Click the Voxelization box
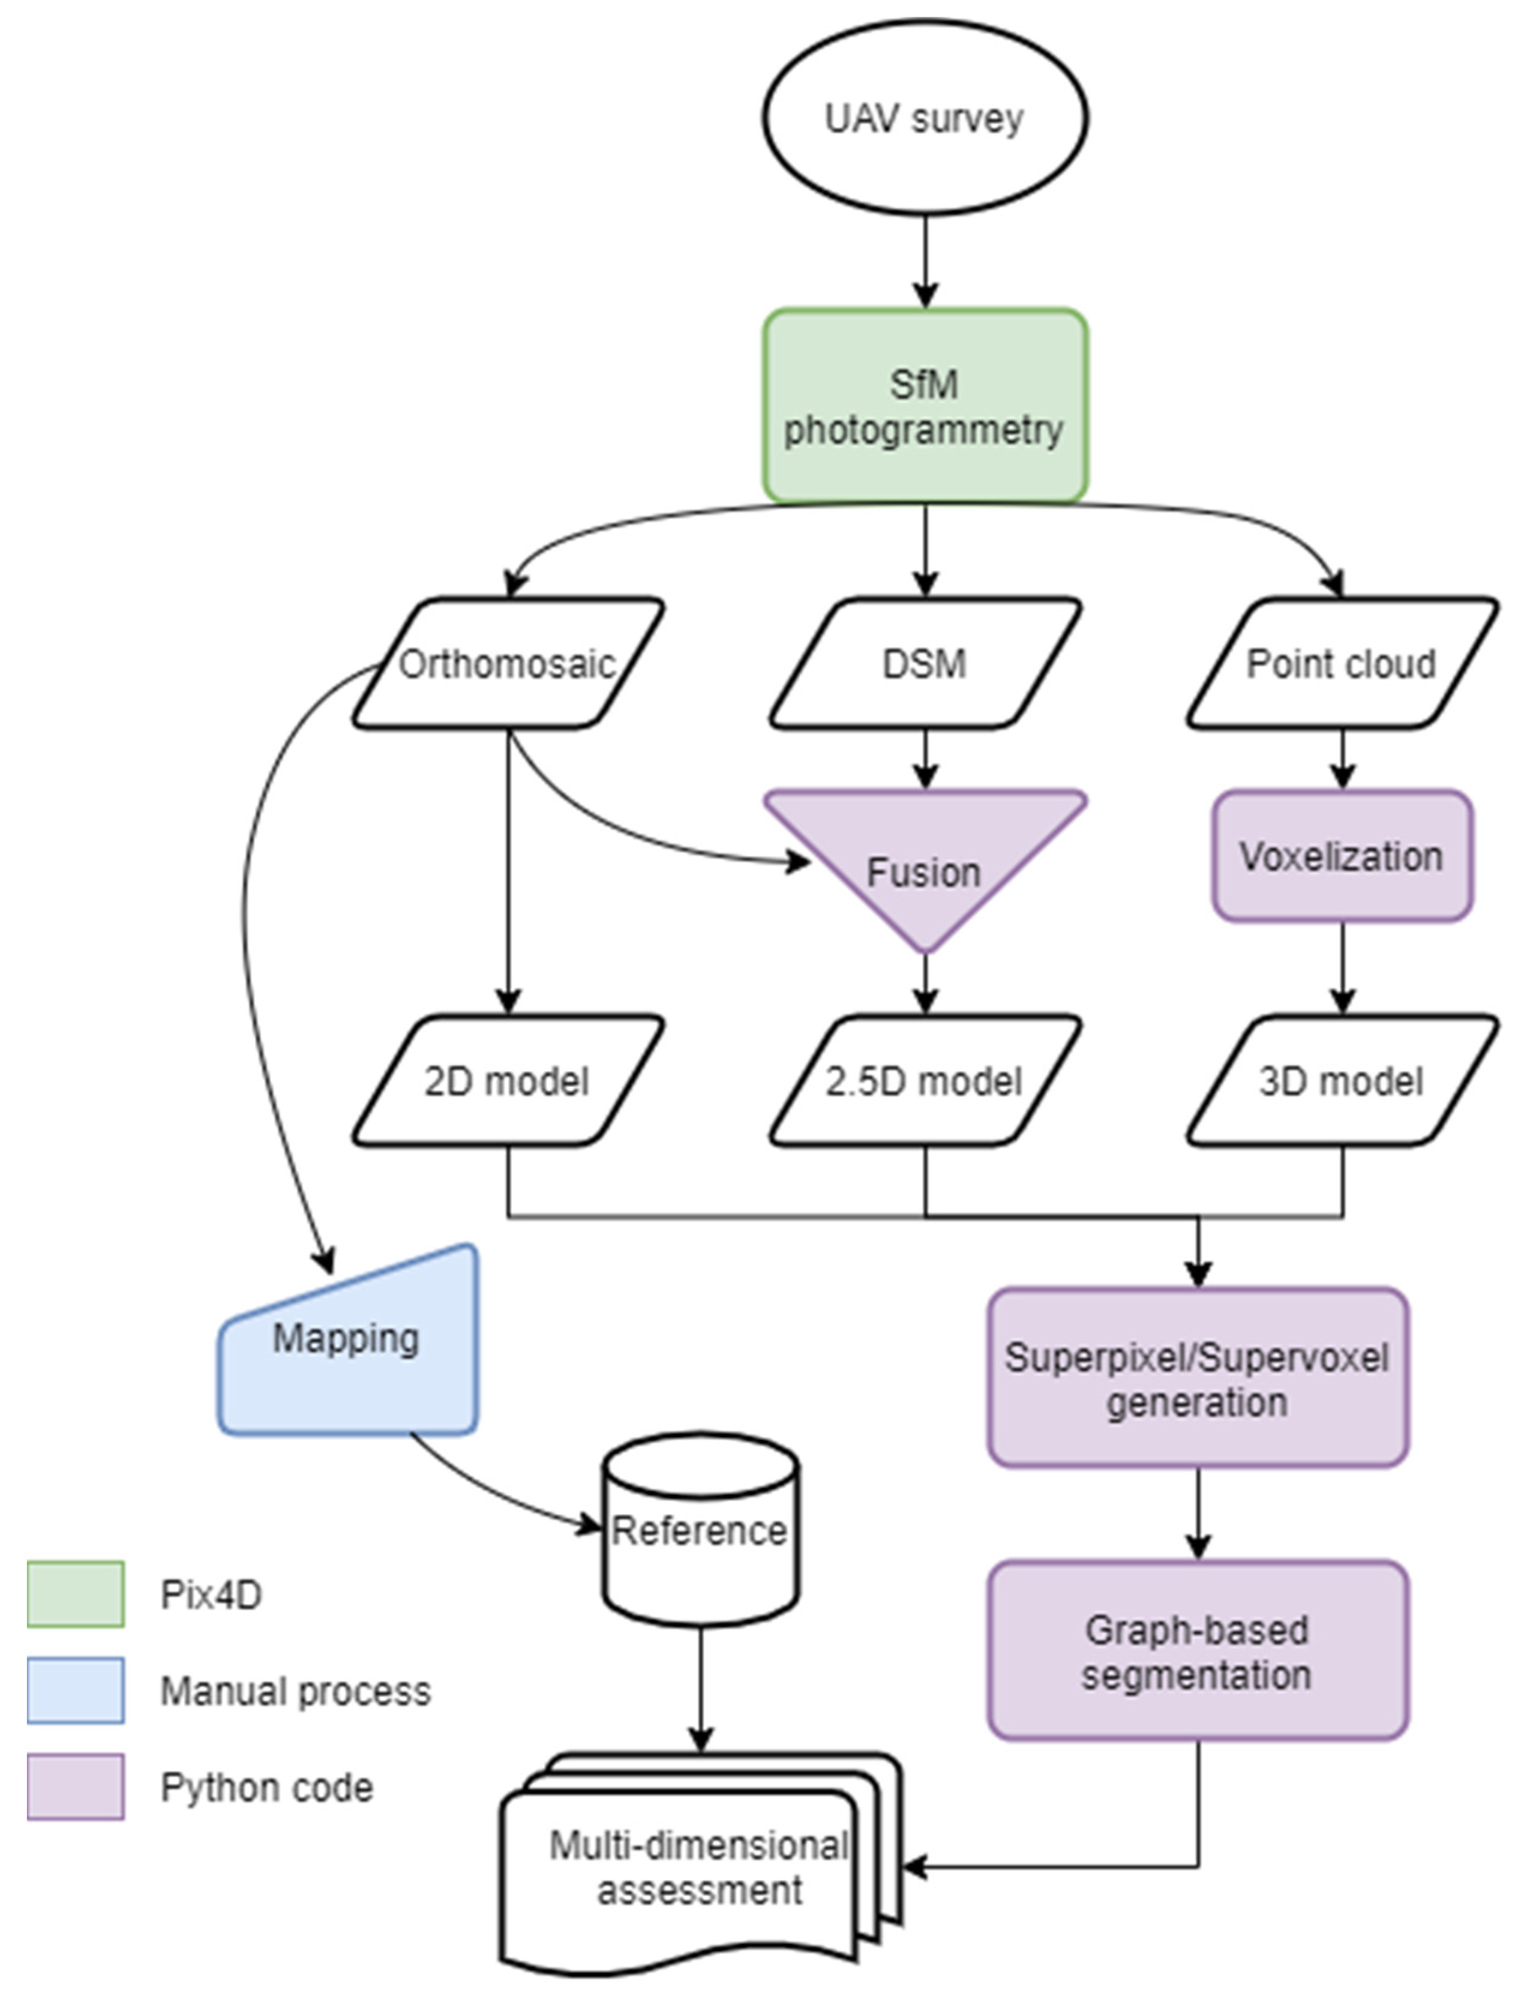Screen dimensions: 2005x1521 click(1342, 856)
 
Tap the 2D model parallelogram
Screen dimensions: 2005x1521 click(508, 1080)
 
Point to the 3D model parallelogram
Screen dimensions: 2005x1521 click(1342, 1080)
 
